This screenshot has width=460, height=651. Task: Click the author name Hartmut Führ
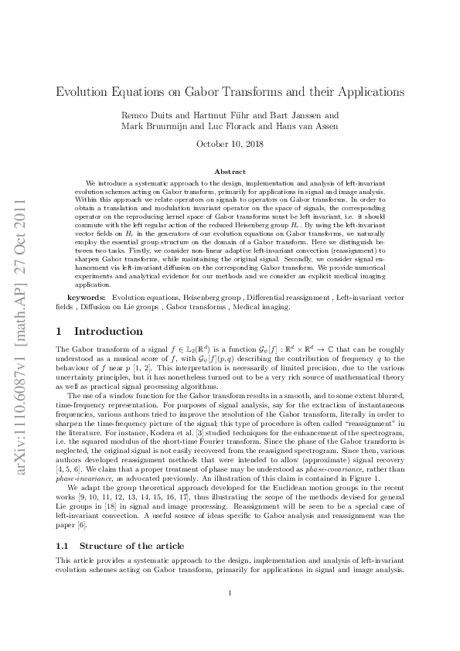[x=225, y=115]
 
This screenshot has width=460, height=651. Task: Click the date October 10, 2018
[x=230, y=144]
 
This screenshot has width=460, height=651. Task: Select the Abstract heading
[x=230, y=170]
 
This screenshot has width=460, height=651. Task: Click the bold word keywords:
[x=86, y=297]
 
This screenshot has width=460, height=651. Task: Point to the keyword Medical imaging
[x=263, y=306]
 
